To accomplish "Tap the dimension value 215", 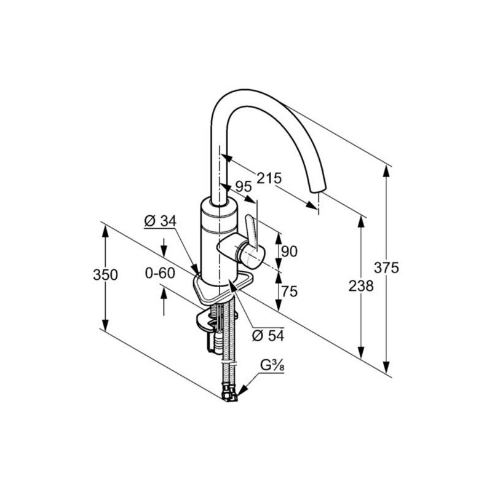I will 269,178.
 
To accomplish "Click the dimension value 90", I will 288,251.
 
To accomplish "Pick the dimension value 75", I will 288,292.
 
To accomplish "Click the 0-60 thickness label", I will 160,272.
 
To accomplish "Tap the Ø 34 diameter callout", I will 159,221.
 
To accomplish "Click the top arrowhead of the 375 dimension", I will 386,170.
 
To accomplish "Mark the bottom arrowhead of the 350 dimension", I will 105,327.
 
